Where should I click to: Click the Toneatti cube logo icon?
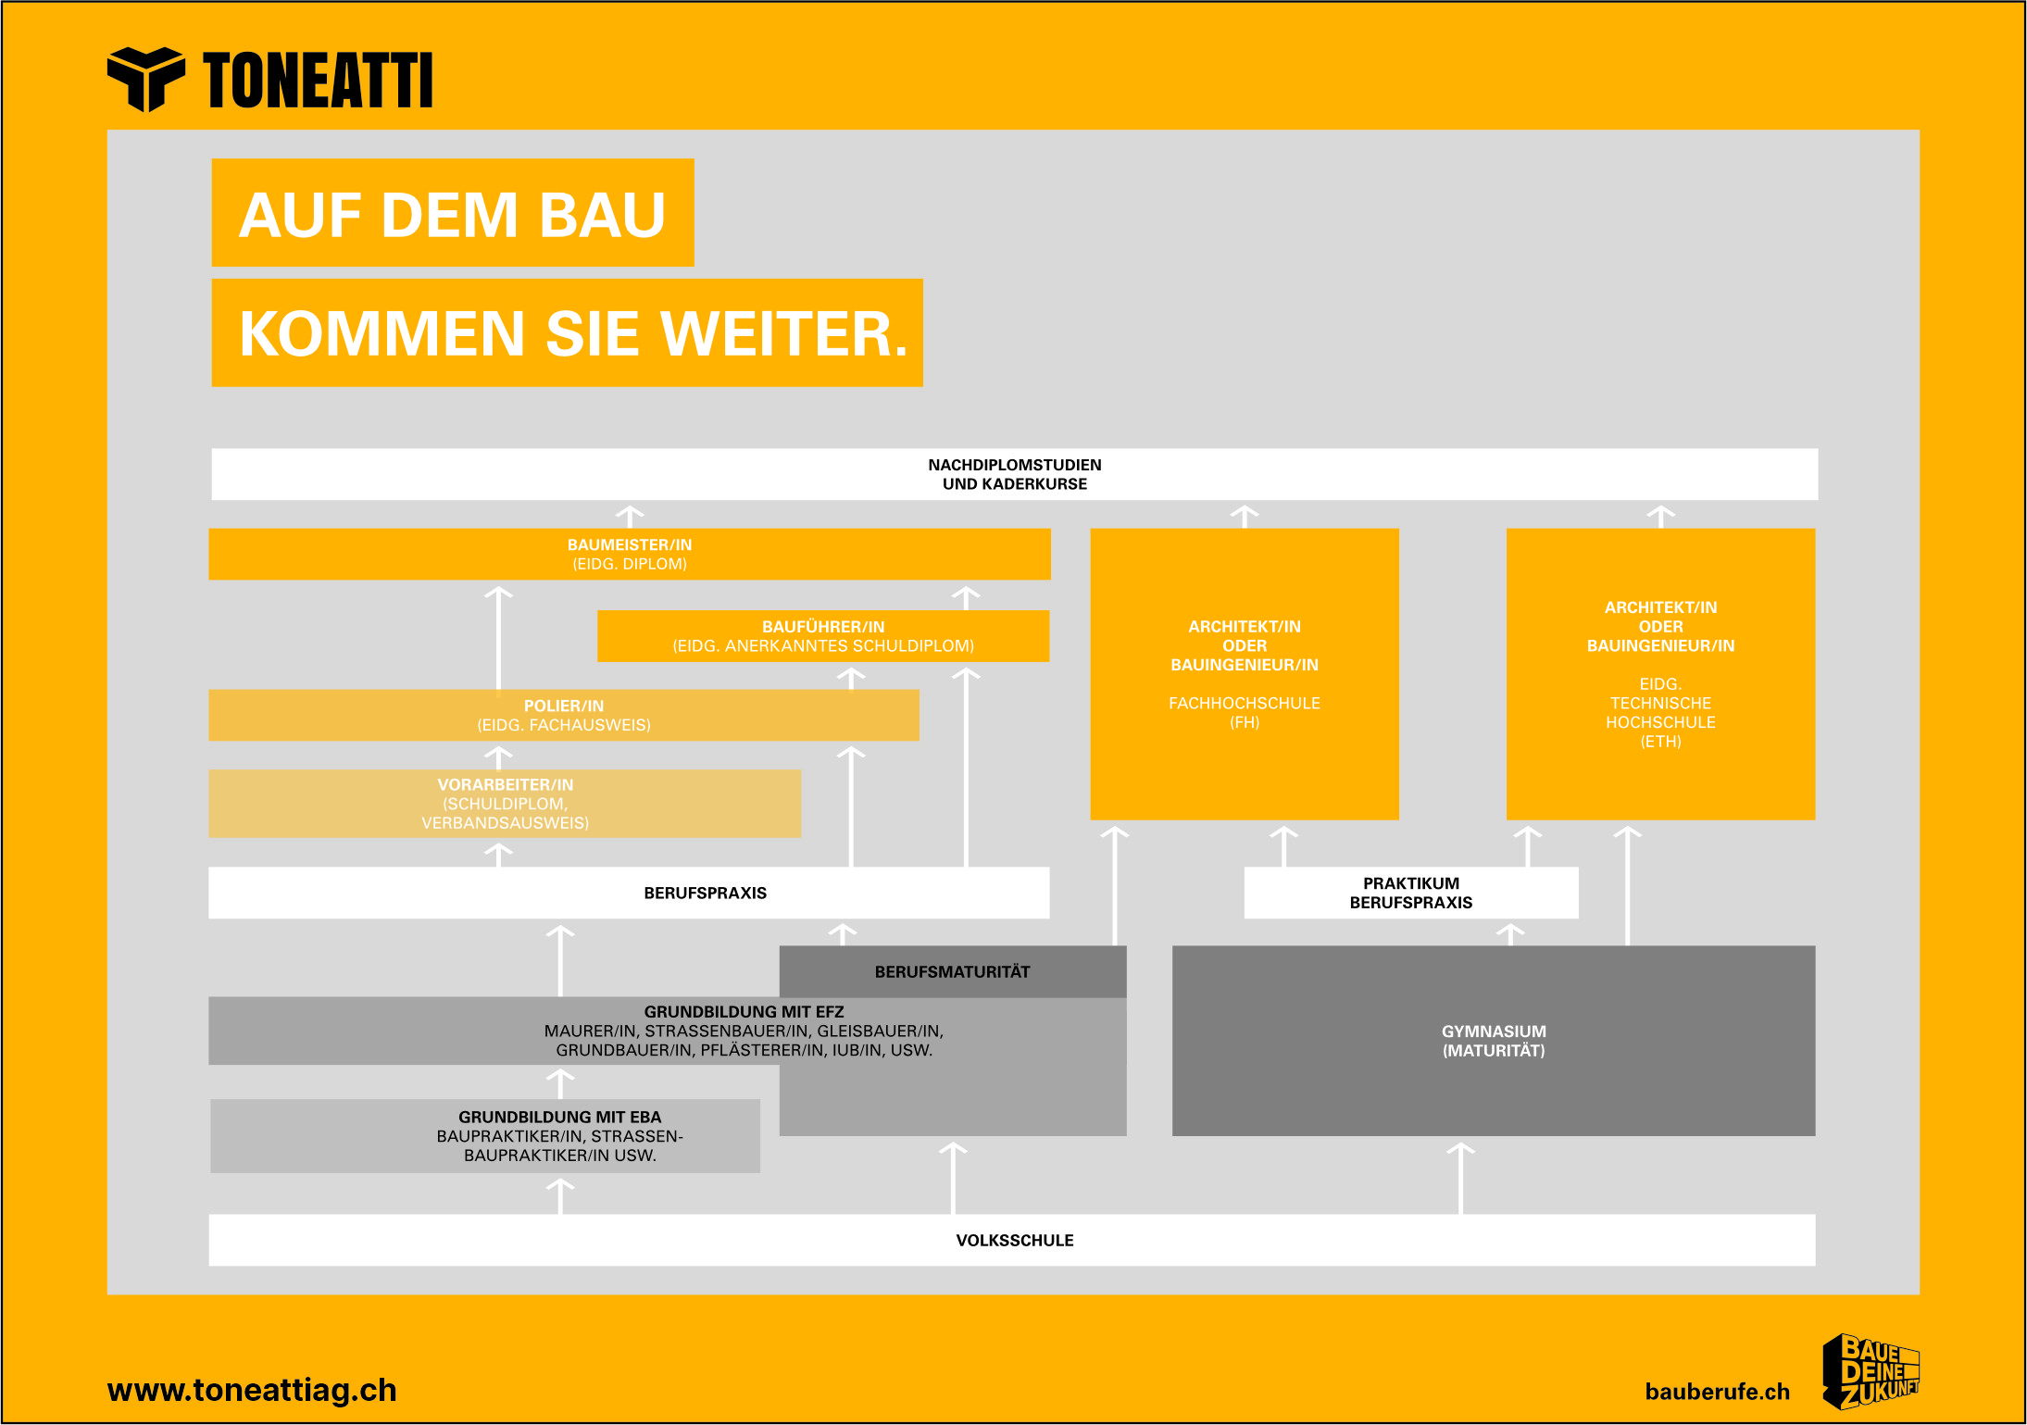point(145,79)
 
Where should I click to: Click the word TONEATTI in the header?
point(318,81)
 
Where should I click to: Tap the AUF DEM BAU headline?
point(453,213)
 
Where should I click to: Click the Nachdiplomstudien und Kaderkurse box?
point(1015,474)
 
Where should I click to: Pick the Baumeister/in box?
point(630,554)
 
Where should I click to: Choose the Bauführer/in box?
point(823,636)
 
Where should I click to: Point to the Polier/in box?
point(564,715)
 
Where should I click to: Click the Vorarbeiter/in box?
point(505,804)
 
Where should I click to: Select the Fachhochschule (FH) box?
point(1245,674)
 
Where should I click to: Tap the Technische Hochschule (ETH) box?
point(1661,674)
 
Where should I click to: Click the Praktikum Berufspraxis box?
point(1411,893)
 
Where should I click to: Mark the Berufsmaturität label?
point(952,972)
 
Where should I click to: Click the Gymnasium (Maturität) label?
point(1494,1041)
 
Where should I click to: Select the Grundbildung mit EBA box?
point(485,1136)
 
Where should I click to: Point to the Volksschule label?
point(1015,1241)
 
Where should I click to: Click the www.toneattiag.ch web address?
point(252,1390)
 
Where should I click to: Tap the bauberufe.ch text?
point(1718,1392)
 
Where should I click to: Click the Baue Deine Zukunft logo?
point(1871,1371)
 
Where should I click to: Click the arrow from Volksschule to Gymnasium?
point(1460,1178)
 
